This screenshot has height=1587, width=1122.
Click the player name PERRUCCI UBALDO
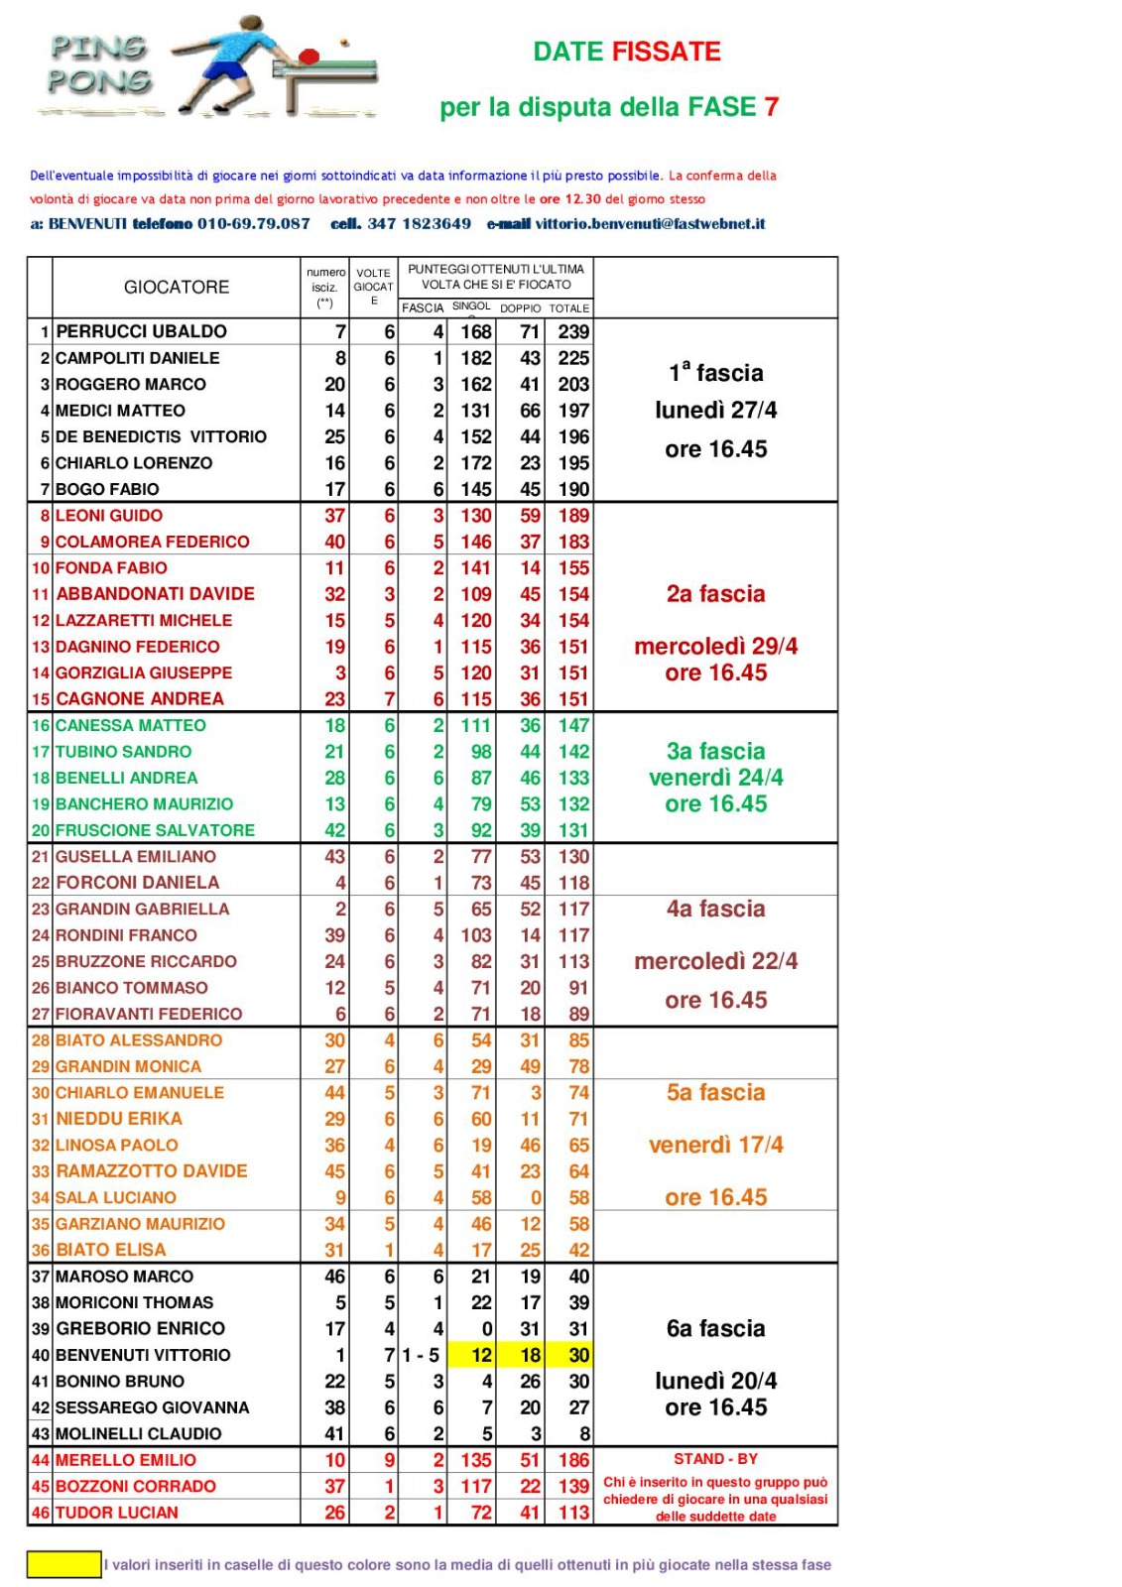142,331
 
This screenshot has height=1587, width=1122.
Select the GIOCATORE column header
177,287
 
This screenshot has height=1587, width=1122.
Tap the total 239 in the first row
573,331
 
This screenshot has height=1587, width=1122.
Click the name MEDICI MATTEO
120,411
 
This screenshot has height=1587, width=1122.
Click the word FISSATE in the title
666,52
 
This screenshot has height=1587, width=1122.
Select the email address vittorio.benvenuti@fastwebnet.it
651,224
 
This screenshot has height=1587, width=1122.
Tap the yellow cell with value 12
481,1355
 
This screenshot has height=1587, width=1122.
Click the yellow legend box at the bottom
63,1564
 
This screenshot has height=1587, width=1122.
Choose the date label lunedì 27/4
716,410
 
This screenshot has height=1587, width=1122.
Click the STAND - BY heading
715,1459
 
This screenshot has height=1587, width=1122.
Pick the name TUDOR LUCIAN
117,1513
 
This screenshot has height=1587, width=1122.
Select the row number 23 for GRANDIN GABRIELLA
41,909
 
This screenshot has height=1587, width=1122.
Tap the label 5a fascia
716,1092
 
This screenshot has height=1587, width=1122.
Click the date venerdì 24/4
716,778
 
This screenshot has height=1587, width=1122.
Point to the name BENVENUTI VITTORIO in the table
143,1355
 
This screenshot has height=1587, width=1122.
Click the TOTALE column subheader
569,308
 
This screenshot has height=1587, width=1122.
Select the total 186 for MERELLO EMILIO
573,1460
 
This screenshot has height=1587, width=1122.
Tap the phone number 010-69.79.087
254,224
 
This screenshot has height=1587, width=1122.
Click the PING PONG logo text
99,64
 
